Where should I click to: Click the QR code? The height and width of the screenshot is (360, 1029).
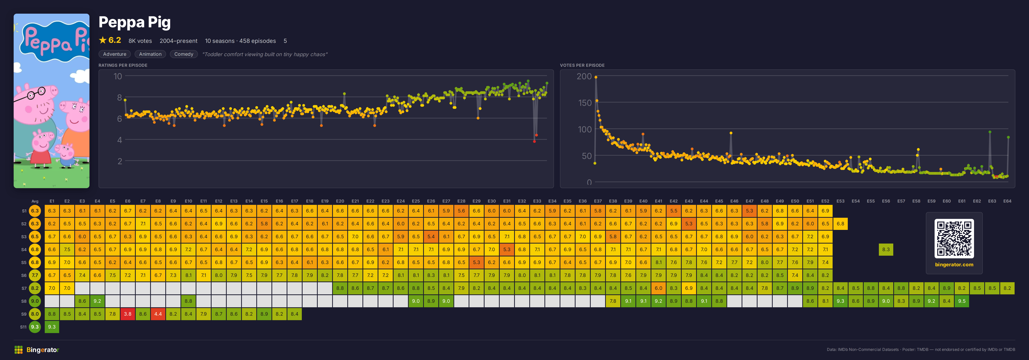coord(954,239)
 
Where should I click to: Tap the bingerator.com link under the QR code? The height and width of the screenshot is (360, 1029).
coord(954,265)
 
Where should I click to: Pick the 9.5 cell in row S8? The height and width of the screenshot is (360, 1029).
coord(962,301)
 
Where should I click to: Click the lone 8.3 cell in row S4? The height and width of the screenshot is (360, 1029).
coord(886,249)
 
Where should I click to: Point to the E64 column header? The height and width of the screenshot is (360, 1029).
coord(1007,201)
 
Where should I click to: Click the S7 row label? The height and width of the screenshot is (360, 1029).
coord(24,288)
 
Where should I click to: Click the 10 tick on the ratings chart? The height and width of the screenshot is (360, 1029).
coord(118,76)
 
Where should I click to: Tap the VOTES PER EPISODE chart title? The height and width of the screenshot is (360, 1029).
coord(582,65)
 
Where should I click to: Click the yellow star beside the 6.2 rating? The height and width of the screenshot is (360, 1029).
coord(103,40)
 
